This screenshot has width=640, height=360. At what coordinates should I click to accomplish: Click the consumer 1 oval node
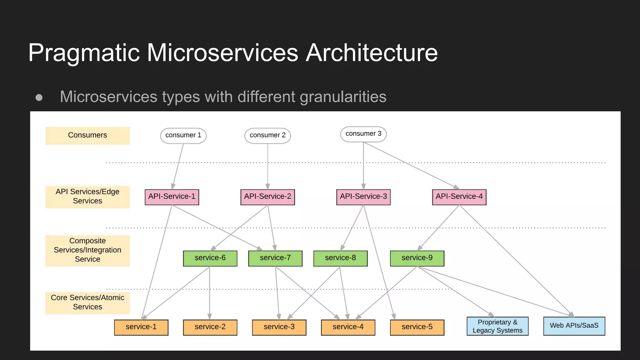pos(183,136)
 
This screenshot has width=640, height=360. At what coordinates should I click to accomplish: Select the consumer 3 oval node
pos(363,134)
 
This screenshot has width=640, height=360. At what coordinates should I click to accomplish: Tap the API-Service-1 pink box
pos(172,197)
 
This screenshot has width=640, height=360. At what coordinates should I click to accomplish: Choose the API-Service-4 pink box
pos(459,197)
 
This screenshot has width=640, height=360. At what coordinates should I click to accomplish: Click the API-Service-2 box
pos(267,197)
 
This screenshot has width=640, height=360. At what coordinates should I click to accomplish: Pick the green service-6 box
pos(210,258)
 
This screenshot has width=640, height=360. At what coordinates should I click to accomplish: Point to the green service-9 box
pos(417,258)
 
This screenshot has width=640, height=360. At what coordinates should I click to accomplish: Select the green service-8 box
pos(340,258)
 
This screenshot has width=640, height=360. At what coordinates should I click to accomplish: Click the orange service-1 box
pos(141,327)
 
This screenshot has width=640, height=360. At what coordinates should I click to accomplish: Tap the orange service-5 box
pos(417,327)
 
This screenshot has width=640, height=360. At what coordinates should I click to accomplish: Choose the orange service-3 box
pos(279,327)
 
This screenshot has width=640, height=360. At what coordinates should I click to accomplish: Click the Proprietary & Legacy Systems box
pos(497,326)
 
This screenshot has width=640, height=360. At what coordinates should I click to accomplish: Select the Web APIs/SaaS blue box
pos(574,326)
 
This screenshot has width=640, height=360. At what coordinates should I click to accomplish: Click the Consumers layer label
pos(87,135)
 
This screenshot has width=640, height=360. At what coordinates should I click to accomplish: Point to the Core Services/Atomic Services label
pos(87,302)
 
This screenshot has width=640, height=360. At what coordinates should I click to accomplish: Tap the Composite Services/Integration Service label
pos(87,250)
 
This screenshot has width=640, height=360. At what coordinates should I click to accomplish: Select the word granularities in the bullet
pos(343,97)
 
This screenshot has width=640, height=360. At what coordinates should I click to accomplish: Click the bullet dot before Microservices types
pos(39,97)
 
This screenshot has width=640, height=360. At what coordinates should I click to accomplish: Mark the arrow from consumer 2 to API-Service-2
pos(267,166)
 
